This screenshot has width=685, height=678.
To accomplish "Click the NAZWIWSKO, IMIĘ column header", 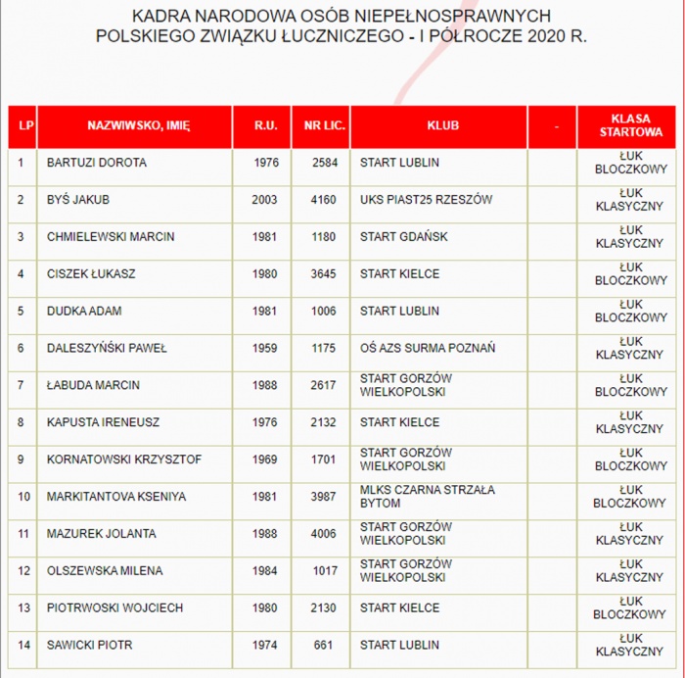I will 138,126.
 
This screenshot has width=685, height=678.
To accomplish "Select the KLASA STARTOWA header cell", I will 630,126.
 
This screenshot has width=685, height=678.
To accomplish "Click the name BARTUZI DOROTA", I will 97,163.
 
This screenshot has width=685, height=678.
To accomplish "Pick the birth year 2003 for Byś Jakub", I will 264,200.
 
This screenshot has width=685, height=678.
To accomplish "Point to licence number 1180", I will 324,237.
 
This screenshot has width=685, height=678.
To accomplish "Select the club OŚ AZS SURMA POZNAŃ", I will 428,348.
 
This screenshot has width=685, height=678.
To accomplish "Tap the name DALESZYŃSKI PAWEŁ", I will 107,348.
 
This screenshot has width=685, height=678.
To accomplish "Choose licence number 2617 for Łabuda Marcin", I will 324,385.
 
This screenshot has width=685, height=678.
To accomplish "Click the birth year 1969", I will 264,460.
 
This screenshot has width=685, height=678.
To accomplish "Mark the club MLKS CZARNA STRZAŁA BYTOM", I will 428,496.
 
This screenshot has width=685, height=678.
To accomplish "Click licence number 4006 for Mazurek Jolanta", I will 324,534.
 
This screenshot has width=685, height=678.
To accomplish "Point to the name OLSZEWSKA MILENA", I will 105,571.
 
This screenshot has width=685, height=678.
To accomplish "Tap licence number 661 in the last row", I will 327,646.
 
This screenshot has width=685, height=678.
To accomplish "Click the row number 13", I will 23,608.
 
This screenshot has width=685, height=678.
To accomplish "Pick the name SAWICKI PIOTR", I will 89,646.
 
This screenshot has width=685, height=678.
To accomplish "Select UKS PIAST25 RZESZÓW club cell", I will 426,200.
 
